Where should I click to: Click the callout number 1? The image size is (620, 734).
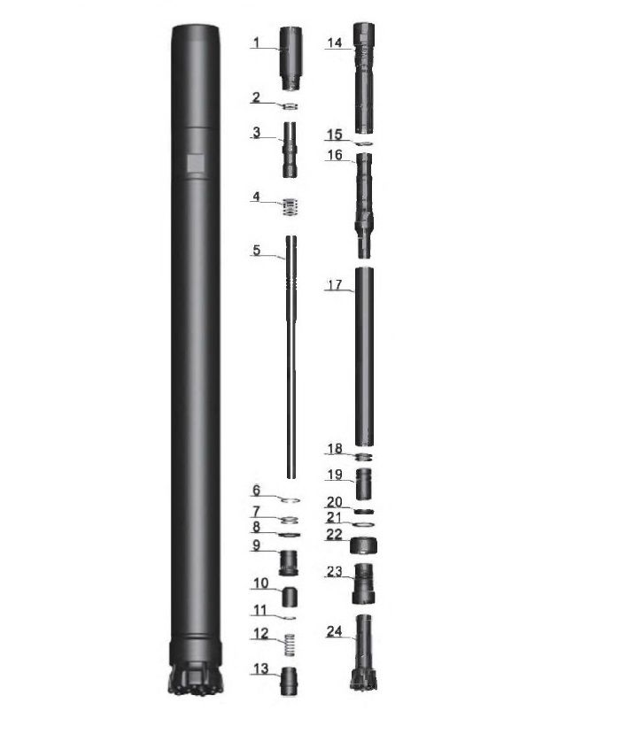click(256, 42)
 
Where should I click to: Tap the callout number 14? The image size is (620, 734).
click(334, 43)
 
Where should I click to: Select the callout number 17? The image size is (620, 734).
click(335, 285)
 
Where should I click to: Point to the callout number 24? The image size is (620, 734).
click(334, 631)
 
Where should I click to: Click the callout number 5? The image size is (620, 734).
click(257, 250)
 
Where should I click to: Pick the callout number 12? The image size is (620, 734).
click(260, 633)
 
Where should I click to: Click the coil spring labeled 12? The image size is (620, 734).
click(291, 645)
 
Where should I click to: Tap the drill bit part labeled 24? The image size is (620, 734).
click(363, 653)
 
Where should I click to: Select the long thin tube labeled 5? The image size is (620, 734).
click(291, 357)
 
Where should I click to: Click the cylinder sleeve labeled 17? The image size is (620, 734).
click(364, 357)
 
